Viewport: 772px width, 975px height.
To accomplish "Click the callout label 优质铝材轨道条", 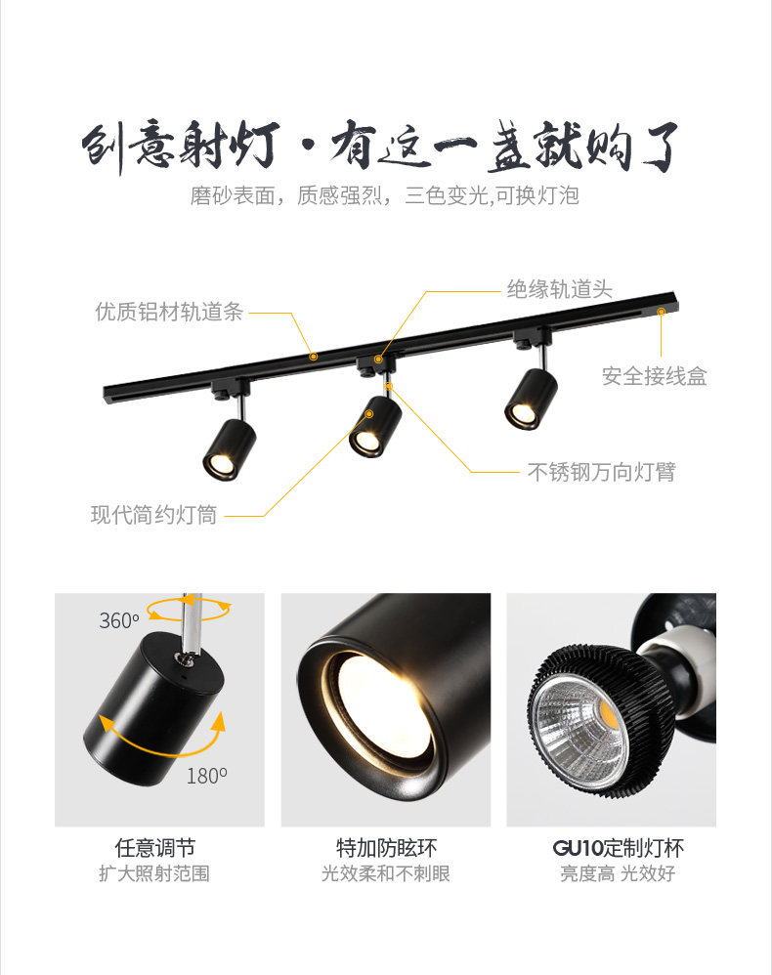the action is (x=169, y=312).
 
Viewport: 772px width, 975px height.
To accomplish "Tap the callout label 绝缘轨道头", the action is (x=559, y=289).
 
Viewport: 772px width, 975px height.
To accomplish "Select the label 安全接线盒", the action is (x=654, y=376).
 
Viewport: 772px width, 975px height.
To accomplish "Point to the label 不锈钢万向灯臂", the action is (x=602, y=472).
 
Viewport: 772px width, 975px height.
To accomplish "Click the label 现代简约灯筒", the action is (x=153, y=515).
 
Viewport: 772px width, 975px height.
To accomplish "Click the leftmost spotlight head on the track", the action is (x=230, y=449).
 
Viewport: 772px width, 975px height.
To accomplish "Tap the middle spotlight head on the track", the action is (x=374, y=427).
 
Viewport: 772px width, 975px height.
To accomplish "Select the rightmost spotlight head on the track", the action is (x=531, y=399).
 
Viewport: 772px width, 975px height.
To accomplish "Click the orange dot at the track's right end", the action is (x=661, y=311).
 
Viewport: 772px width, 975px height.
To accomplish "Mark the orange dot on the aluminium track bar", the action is (x=314, y=357).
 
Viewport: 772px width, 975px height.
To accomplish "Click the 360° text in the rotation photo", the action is (x=119, y=620).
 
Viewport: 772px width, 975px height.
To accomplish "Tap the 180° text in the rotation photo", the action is (x=207, y=776).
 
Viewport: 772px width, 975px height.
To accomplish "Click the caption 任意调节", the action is (x=155, y=848).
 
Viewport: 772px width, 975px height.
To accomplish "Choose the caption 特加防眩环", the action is (x=386, y=848).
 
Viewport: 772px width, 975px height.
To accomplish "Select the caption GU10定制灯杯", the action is (x=618, y=848).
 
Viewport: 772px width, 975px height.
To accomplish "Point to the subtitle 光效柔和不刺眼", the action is (x=386, y=873).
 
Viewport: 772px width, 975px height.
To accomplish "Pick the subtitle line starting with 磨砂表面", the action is (x=385, y=195).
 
